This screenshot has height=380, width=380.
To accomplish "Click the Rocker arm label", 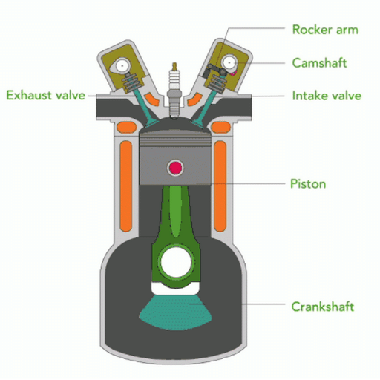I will [325, 30].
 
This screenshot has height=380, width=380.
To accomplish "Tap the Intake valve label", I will [326, 96].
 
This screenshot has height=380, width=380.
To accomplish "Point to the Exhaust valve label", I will [46, 95].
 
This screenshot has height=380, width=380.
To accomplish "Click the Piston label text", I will [307, 183].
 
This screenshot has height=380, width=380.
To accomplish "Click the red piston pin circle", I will [176, 168].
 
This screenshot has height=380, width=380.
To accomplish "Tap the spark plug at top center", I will [176, 82].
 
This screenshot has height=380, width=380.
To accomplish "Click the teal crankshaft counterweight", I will [175, 312].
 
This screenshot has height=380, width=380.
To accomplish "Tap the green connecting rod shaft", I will [174, 215].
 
